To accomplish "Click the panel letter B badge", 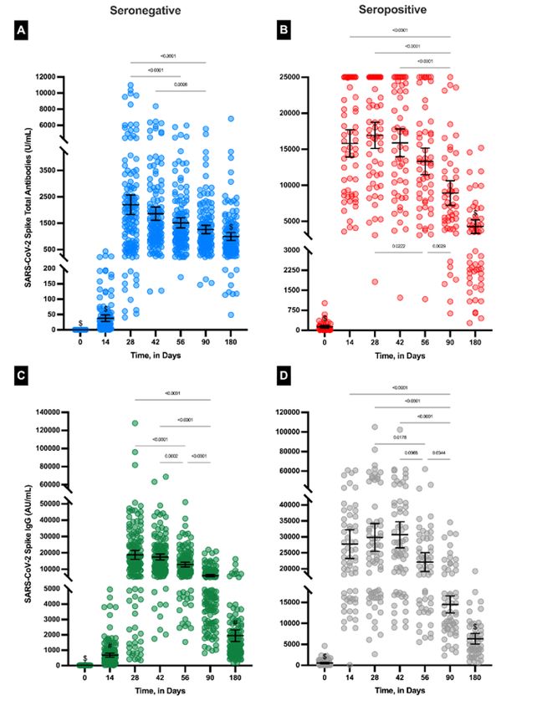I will [287, 32].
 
